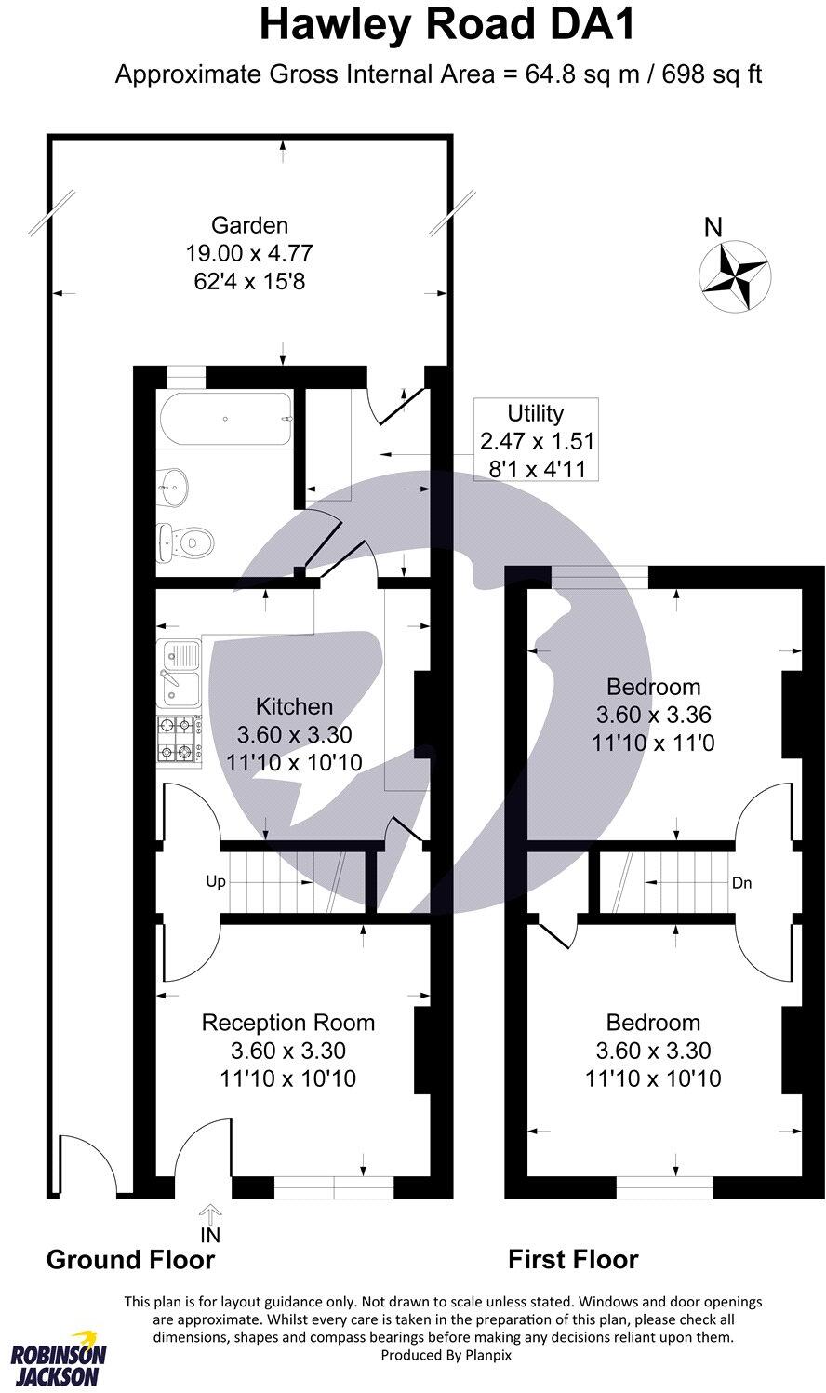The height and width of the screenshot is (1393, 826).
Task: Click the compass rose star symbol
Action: tap(734, 275)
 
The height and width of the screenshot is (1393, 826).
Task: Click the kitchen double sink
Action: tap(180, 673)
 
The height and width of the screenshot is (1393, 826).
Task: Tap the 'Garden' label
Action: tap(249, 225)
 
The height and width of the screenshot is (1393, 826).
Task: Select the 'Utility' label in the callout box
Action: tap(535, 413)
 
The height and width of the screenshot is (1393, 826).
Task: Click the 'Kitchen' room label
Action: tap(294, 706)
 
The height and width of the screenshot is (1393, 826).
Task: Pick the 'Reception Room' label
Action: tap(288, 1023)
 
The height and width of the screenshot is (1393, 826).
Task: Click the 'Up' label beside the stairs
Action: tap(215, 881)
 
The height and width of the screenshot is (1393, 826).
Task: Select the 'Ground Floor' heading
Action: tap(130, 1260)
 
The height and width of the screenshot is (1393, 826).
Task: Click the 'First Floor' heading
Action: tap(573, 1260)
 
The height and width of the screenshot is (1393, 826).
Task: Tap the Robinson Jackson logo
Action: tap(58, 1363)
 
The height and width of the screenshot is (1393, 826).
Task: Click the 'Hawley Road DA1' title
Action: tap(447, 25)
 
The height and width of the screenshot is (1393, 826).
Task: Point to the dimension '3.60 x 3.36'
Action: tap(653, 716)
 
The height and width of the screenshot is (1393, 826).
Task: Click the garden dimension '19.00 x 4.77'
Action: tap(249, 252)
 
